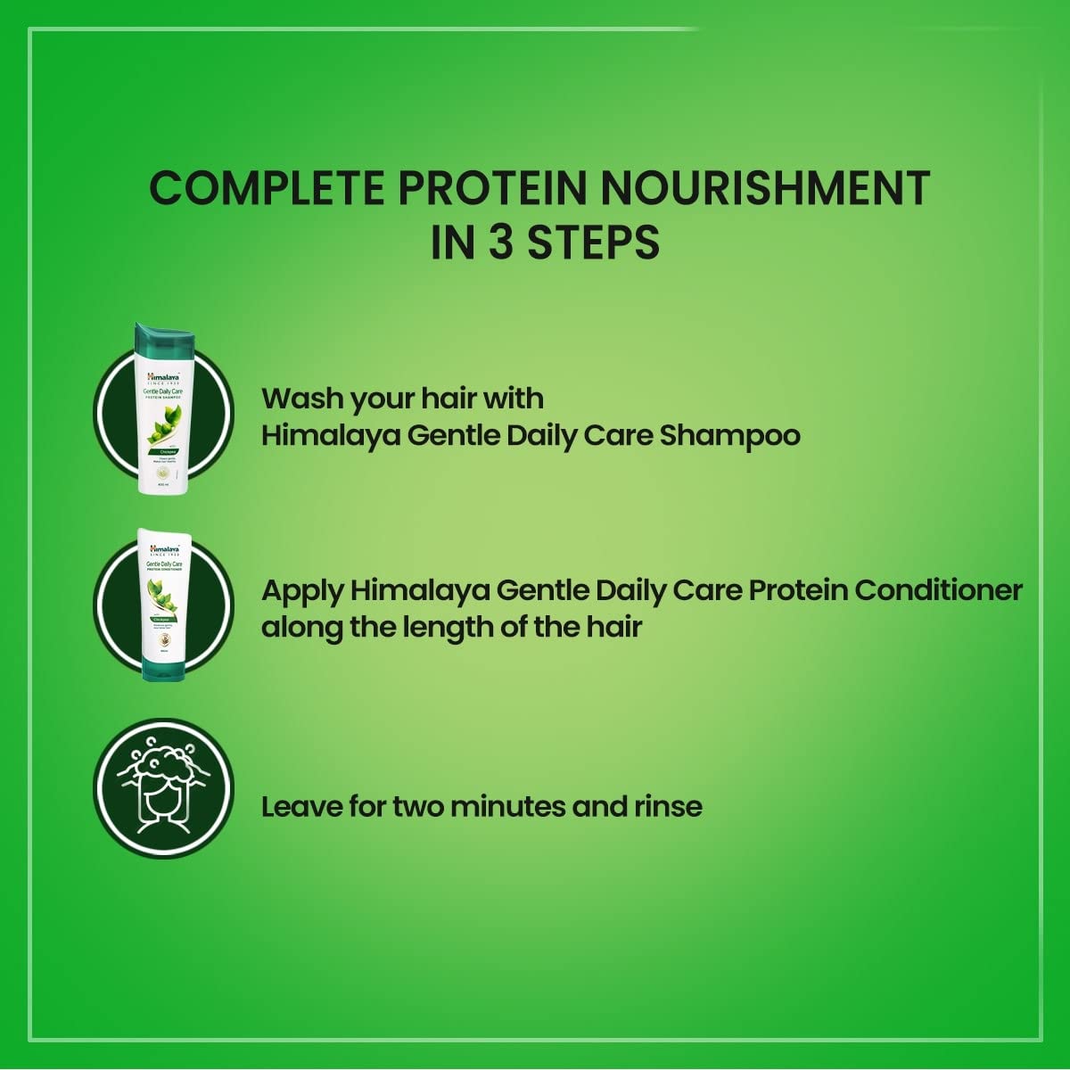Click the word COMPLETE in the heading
(x=266, y=188)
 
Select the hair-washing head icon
(x=163, y=788)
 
